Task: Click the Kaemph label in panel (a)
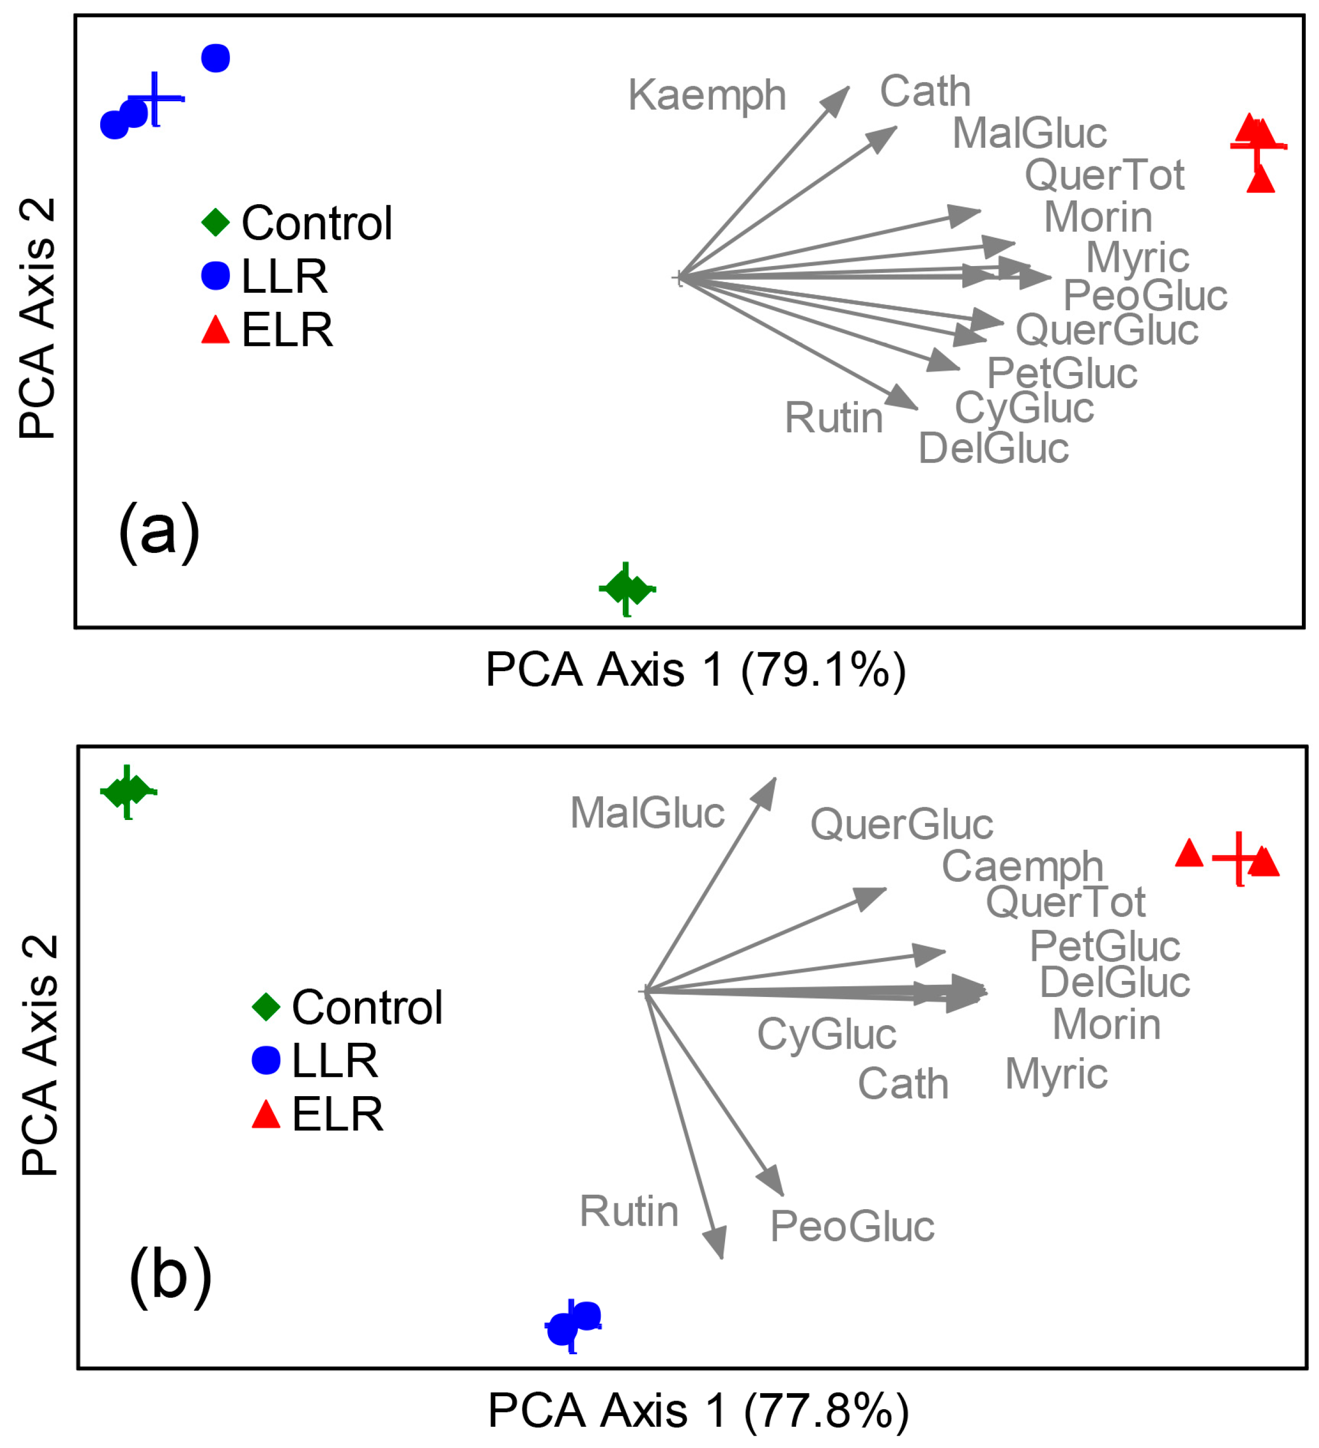(x=706, y=95)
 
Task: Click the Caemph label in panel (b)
(x=1022, y=866)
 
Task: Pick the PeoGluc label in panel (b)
(x=851, y=1226)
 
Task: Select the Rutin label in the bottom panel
(x=629, y=1212)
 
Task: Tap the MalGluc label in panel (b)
(x=647, y=813)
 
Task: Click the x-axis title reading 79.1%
(x=695, y=670)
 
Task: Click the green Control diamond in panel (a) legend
(x=215, y=223)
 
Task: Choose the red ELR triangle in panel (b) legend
(x=266, y=1115)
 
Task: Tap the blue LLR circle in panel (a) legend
(x=215, y=276)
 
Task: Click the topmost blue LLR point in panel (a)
(x=215, y=58)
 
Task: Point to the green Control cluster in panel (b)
(x=128, y=792)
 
